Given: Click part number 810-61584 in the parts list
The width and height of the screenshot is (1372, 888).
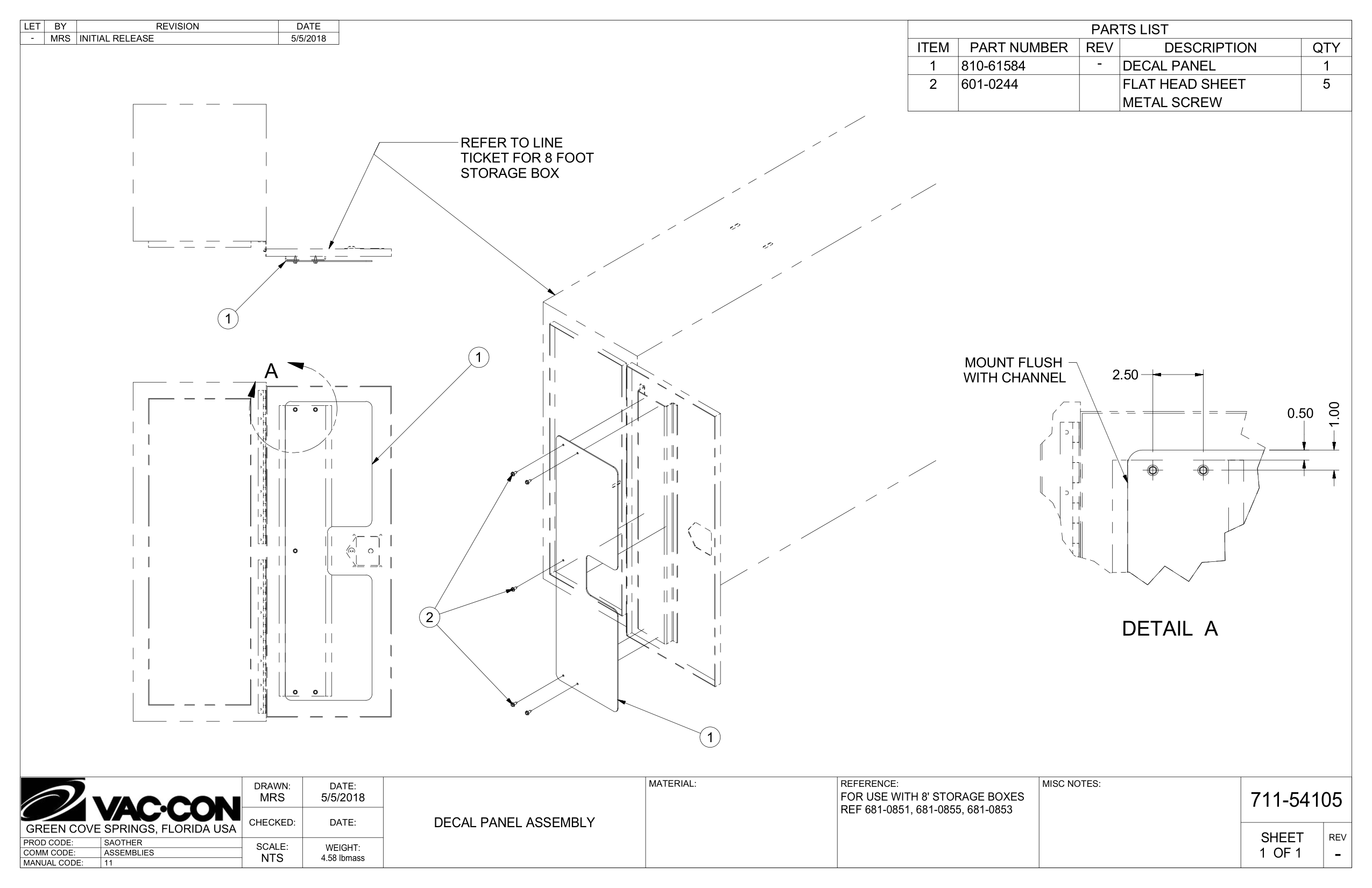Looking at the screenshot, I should (x=993, y=66).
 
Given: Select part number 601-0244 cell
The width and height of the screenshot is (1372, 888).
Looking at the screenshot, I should (x=989, y=84).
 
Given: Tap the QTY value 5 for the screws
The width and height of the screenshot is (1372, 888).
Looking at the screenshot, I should (x=1326, y=84).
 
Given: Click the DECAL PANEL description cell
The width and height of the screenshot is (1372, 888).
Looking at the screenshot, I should (x=1169, y=66).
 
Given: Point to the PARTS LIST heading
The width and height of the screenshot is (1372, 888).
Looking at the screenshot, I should (x=1129, y=30).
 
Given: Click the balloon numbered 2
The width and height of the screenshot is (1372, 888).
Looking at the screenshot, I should (x=429, y=618).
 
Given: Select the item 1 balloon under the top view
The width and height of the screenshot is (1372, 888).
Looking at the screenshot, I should (x=228, y=318).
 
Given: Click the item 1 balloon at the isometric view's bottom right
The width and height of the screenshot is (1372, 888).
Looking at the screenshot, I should (x=710, y=737).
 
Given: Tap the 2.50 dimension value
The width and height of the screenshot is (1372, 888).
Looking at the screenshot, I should (x=1125, y=375).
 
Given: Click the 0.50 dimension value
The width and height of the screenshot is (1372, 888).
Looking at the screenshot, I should (x=1300, y=413).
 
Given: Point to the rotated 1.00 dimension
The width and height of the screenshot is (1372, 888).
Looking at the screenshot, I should (x=1334, y=414).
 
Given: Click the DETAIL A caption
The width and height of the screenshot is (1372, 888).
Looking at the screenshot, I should (x=1169, y=629).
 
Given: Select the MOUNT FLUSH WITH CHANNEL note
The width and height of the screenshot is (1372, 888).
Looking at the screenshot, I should (x=1014, y=370).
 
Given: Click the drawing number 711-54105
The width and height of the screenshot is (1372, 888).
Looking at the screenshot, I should (x=1296, y=800).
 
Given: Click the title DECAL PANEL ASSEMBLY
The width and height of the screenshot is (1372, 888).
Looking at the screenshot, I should (x=514, y=823).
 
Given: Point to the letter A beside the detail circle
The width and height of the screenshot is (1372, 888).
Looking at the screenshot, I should (x=271, y=371).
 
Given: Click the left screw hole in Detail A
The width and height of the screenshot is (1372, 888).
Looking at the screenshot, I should (x=1152, y=470).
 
